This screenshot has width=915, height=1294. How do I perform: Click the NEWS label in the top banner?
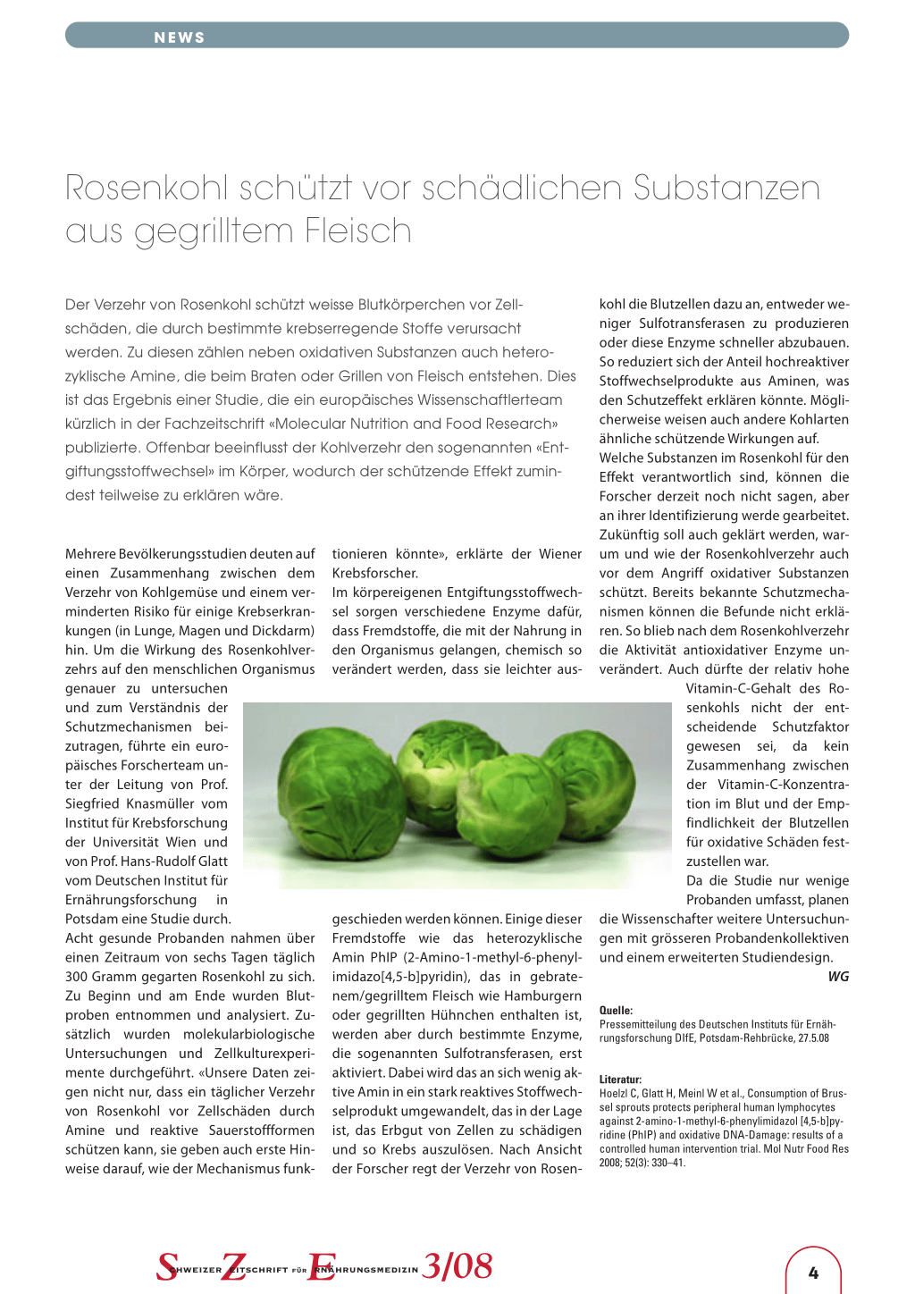coord(180,38)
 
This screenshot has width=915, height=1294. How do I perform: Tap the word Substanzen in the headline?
coord(726,189)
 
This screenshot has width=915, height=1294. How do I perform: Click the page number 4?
coord(813,1273)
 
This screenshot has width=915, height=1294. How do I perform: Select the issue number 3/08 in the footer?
coord(457,1266)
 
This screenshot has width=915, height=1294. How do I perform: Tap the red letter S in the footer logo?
coord(167,1267)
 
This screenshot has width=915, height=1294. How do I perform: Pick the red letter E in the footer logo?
coord(320,1267)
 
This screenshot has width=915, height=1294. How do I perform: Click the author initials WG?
coord(838,977)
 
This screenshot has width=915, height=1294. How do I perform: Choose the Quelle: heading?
coord(616,1011)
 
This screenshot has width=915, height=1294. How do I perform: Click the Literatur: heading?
coord(620,1080)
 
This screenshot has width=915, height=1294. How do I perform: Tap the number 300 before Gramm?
coord(77,977)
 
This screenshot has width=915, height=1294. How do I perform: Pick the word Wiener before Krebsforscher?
coord(560,554)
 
